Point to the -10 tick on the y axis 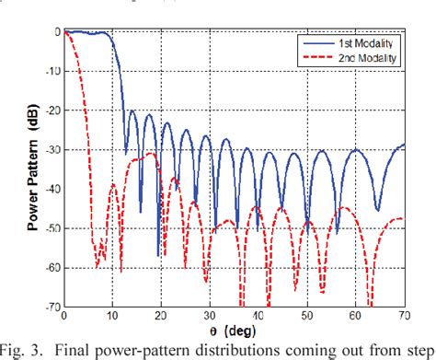52,71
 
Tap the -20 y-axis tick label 52,110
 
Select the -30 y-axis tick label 52,150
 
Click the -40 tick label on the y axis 52,190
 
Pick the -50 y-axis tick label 52,229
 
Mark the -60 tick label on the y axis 52,269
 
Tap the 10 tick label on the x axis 112,318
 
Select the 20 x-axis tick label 161,318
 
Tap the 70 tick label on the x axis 403,318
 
